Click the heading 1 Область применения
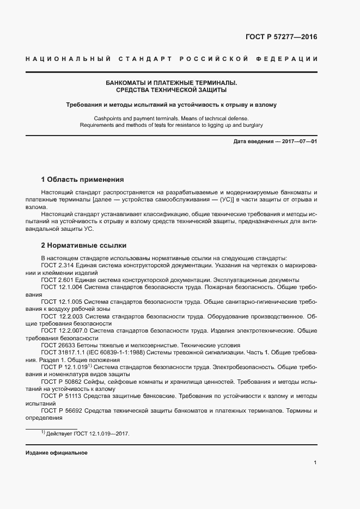click(x=83, y=179)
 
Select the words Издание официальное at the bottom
click(x=56, y=453)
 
